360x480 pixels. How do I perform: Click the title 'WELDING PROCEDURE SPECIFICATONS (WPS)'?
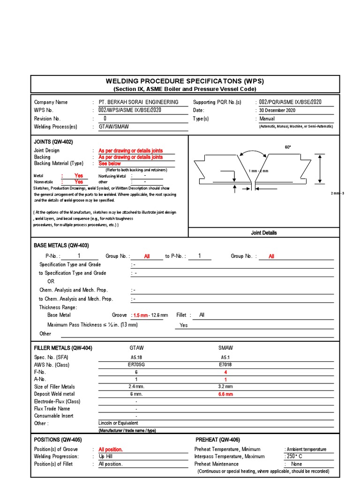pos(185,81)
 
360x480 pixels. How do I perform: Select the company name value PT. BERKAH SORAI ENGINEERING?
pos(138,102)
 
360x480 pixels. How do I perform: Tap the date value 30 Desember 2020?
pos(277,111)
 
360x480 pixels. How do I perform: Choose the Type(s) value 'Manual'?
pos(267,119)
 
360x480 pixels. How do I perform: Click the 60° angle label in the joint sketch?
pos(288,147)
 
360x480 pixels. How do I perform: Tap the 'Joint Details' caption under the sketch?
pos(263,232)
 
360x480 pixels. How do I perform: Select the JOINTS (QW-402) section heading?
pos(53,142)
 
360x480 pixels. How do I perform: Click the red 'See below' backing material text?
pos(110,164)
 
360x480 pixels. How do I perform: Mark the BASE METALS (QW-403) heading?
pos(61,245)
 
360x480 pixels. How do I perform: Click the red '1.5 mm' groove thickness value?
pos(140,315)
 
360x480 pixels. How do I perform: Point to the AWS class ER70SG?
pos(136,364)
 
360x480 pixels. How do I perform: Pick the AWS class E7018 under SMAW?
pos(225,364)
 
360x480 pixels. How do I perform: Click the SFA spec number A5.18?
pos(136,357)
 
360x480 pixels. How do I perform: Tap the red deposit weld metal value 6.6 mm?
pos(225,394)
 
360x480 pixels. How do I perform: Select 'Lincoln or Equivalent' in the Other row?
pos(118,423)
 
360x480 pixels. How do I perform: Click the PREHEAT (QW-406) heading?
pos(217,440)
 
